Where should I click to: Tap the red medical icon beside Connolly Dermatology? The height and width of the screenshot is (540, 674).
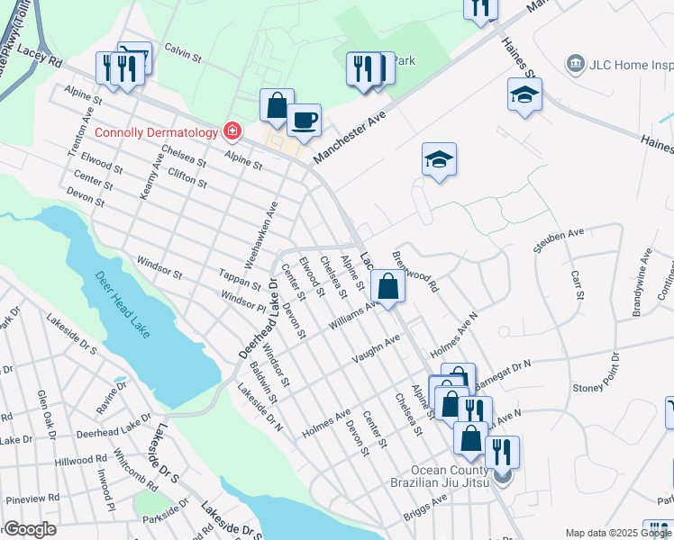(232, 132)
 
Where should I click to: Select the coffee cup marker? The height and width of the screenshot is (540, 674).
(305, 121)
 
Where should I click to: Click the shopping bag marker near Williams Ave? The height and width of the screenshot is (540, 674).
(387, 288)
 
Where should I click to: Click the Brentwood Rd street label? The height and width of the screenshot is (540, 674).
(421, 271)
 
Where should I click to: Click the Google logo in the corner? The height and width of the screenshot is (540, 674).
(30, 529)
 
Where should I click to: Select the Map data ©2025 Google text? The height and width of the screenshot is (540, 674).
(618, 533)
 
